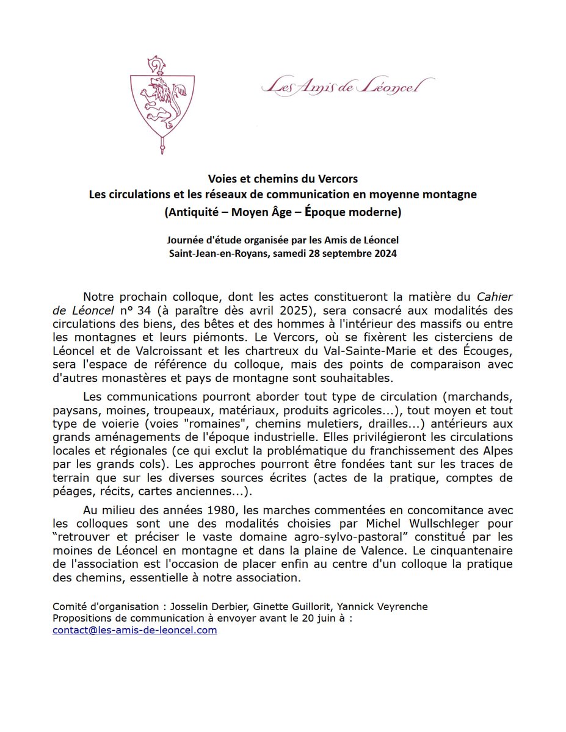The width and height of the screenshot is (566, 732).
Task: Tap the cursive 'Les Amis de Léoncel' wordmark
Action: tap(347, 87)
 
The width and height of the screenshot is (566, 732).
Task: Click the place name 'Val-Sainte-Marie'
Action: tap(375, 350)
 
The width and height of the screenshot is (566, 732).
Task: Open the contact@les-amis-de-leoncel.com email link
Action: tap(134, 631)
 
